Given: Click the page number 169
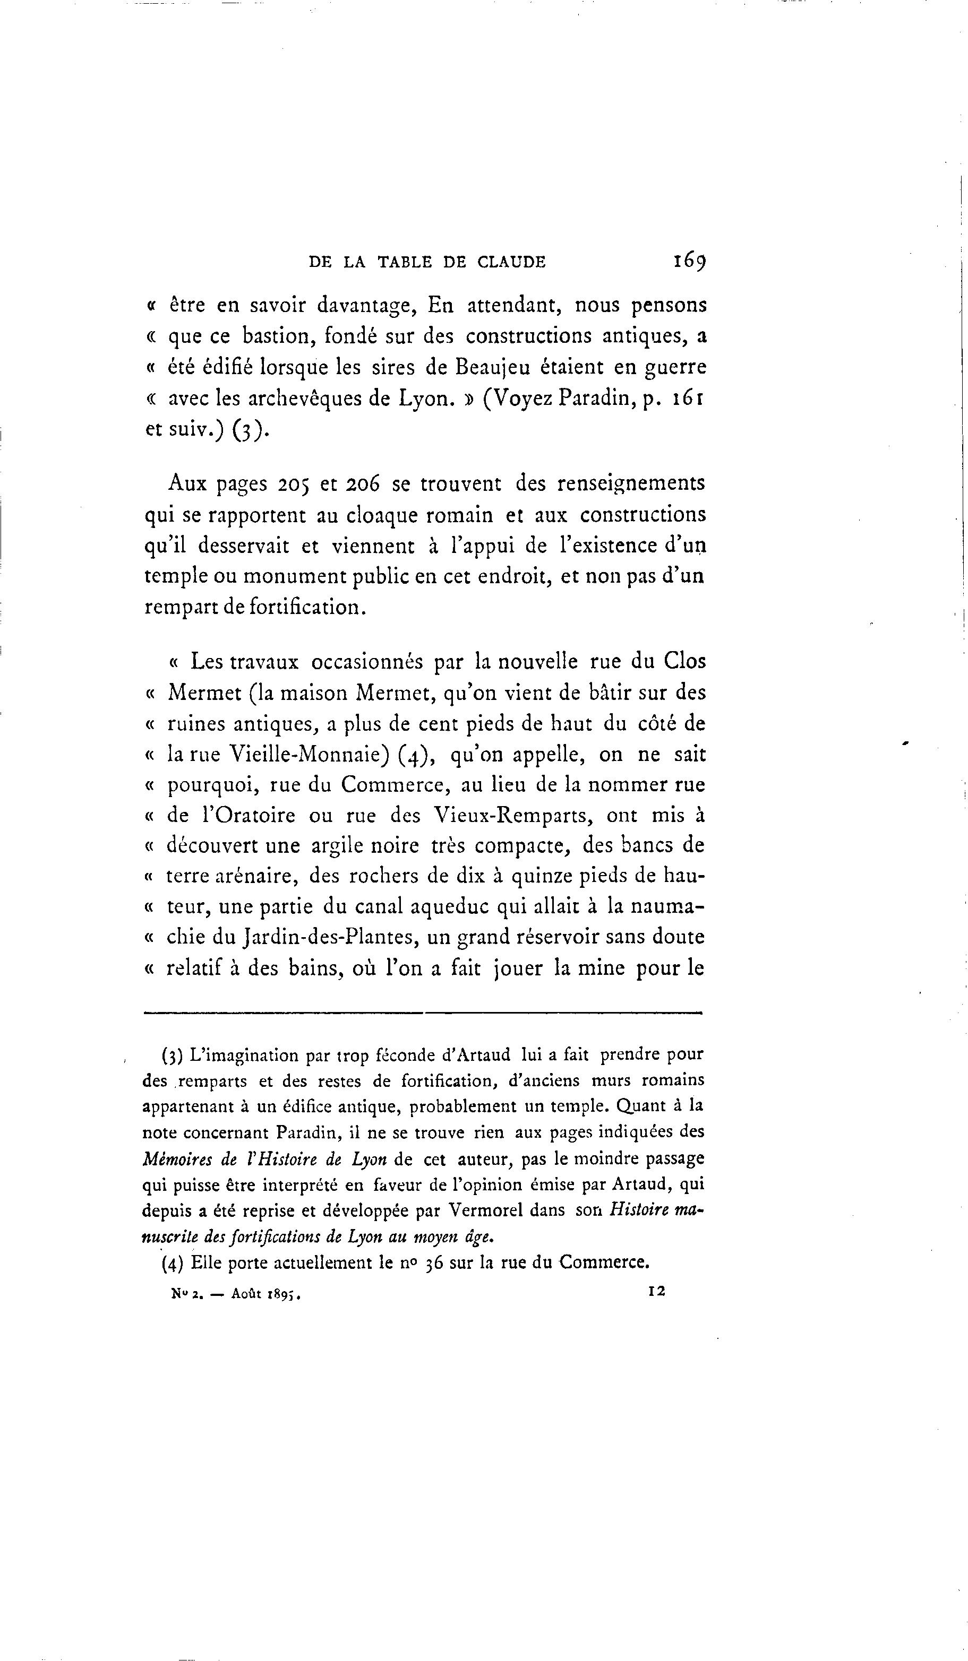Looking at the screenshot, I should point(688,261).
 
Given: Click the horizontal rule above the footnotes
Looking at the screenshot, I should point(422,1013).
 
